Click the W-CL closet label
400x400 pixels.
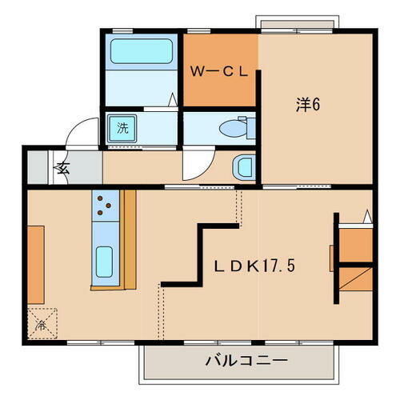[x=221, y=71]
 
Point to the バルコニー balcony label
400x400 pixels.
[x=238, y=361]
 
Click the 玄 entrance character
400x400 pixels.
[x=62, y=168]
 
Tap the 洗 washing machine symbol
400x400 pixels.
[x=122, y=127]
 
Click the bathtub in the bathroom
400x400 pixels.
[x=141, y=54]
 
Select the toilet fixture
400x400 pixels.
[x=235, y=126]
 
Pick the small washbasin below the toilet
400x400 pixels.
[x=243, y=168]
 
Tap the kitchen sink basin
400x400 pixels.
[x=105, y=260]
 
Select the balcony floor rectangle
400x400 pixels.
[x=238, y=364]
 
